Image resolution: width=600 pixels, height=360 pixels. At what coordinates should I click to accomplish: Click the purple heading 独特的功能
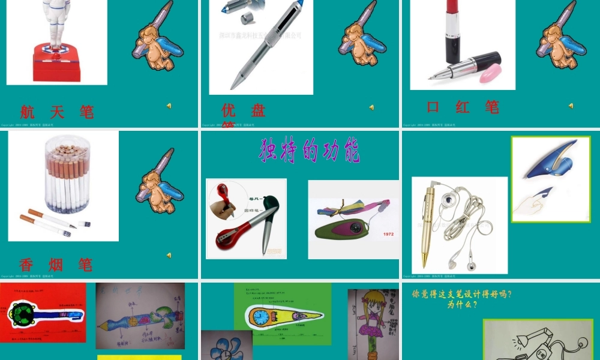310,151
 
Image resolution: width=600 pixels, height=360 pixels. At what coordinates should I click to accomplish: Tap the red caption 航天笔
57,112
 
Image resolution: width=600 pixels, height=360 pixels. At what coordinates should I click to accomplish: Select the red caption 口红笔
463,107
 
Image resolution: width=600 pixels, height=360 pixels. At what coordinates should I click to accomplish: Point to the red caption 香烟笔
56,265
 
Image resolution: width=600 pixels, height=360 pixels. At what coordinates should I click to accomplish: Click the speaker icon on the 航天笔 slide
169,106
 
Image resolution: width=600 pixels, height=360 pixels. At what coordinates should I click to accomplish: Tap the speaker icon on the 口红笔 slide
571,106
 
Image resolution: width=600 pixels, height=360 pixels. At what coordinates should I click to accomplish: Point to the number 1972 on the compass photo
388,234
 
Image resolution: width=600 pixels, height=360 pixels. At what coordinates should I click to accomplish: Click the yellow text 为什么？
461,304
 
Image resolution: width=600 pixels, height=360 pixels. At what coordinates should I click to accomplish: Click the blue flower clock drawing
227,346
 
